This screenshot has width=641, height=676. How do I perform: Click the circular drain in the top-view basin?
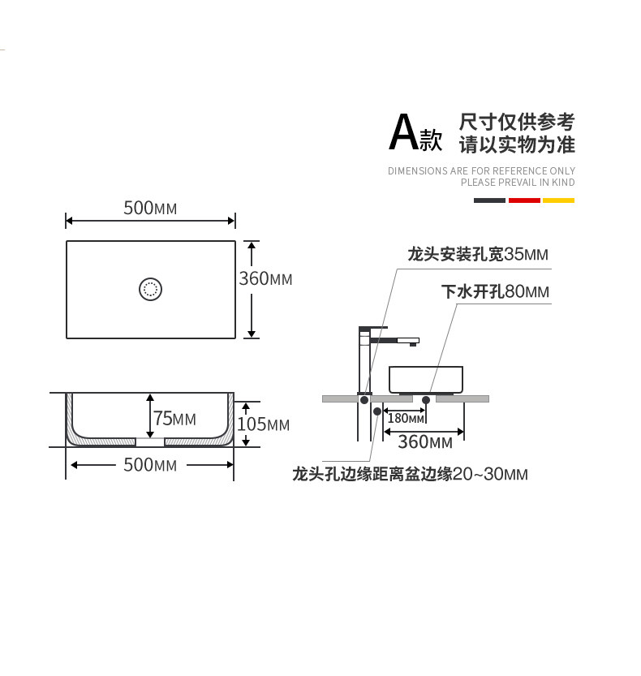(151, 288)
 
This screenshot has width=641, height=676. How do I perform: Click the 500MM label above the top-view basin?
(150, 208)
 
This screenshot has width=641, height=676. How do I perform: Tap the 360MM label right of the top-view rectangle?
(265, 278)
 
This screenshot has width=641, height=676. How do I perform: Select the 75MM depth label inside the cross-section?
(174, 418)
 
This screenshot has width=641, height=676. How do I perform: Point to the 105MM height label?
(263, 424)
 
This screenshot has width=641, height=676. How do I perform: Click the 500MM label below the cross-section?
(150, 465)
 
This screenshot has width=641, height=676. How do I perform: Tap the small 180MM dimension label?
(406, 418)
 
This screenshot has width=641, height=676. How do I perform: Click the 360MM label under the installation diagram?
(424, 442)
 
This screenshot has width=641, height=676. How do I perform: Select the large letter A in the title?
(403, 133)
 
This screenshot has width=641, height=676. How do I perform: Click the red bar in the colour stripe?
(524, 200)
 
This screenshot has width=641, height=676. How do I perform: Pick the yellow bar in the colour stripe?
(558, 200)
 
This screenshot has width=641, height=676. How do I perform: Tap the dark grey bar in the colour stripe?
(489, 200)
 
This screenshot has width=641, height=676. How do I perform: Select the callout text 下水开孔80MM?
(495, 291)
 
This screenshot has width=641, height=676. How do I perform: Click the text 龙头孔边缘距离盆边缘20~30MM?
(410, 474)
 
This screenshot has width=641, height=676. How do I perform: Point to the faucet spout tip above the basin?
(413, 342)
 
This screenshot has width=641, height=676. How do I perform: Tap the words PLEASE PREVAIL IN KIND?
(518, 182)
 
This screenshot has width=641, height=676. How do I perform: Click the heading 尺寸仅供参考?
(517, 122)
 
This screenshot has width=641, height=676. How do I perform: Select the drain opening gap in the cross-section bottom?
(150, 443)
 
